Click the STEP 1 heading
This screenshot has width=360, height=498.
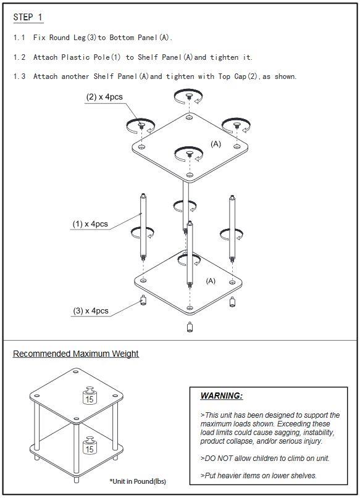coord(28,17)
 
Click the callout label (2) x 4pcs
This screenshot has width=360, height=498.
coord(104,97)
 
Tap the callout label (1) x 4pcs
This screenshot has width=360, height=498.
coord(90,224)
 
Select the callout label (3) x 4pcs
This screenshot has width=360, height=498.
coord(91,310)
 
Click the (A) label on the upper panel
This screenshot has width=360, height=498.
coord(216,144)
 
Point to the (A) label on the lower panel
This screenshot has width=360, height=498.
coord(211,281)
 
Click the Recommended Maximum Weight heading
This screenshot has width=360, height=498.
coord(75,354)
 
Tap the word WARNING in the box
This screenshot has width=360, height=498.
coord(222,396)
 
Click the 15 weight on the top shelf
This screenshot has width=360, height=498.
coord(90,396)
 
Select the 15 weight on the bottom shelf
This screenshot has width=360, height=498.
coord(90,446)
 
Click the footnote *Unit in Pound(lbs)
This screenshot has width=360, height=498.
coord(138,481)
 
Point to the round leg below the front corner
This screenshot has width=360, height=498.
coord(190,327)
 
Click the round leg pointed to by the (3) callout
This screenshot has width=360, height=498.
coord(143,300)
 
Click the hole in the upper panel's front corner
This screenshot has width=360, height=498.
coord(190,175)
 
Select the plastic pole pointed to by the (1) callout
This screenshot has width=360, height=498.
coord(143,227)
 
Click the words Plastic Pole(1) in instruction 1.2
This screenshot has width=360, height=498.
coord(91,57)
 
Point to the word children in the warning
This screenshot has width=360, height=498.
coord(264,459)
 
